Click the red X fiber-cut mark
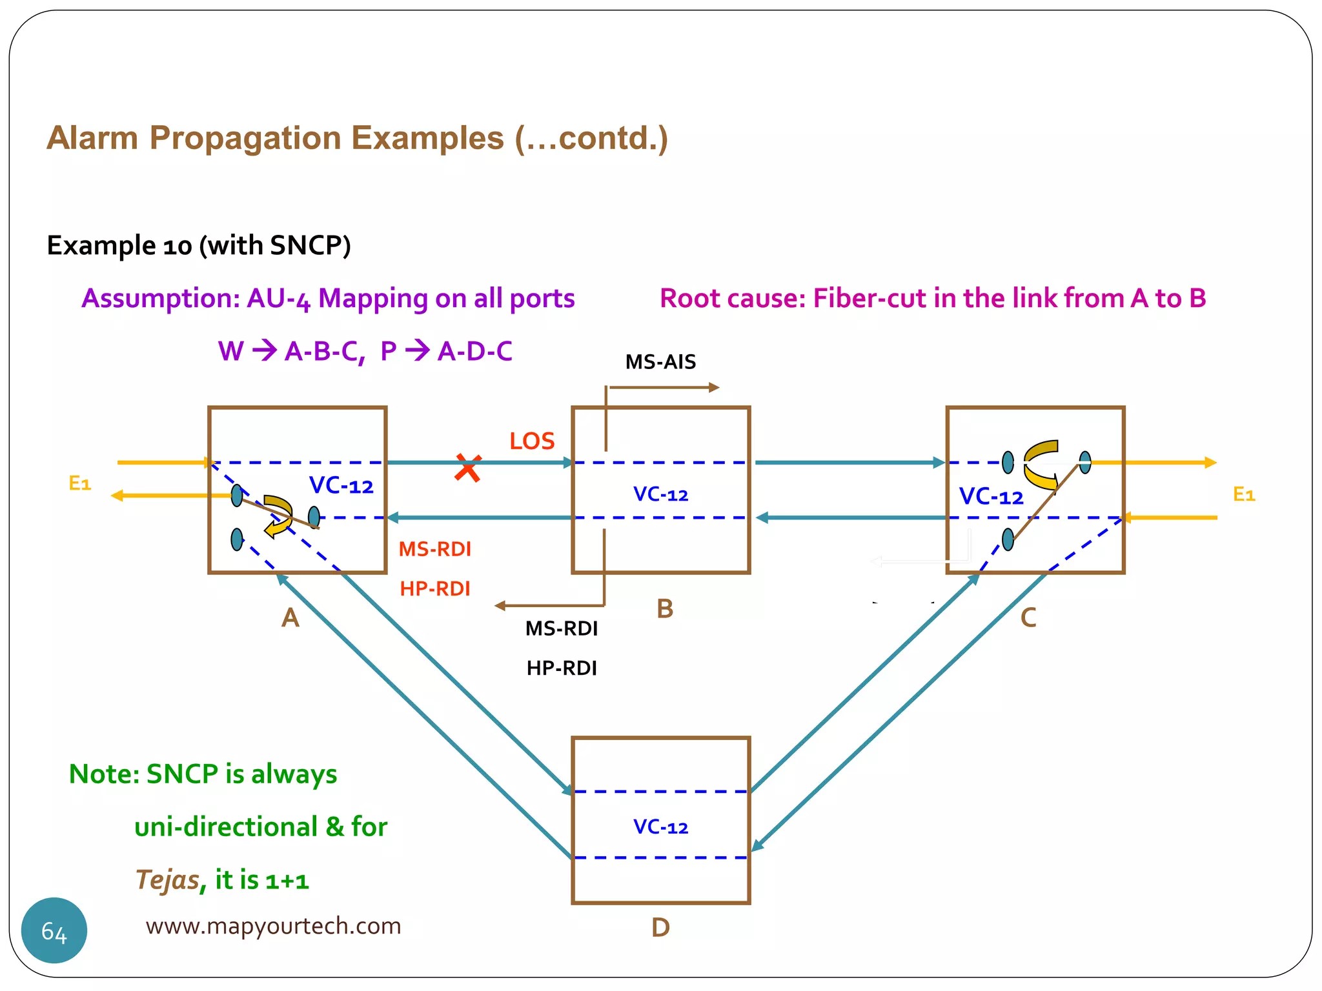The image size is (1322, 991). pos(467,468)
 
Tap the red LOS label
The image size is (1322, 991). pos(532,441)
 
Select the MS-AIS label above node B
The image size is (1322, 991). pos(660,362)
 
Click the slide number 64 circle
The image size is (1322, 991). pos(54,930)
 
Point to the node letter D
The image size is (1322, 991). pos(660,928)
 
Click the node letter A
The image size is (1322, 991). pos(290,618)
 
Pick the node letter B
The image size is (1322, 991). pos(665,609)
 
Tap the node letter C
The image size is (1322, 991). pos(1028,618)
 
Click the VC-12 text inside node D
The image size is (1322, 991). pos(660,827)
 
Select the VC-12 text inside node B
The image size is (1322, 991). pos(660,495)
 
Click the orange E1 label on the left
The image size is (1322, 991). pos(80,483)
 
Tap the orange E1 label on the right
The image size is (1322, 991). pos(1244,494)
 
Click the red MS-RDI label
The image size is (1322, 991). pos(434,549)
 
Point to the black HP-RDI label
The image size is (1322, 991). pos(562,668)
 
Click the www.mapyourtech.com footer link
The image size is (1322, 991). pos(273,926)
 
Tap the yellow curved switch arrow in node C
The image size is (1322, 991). pos(1041,465)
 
